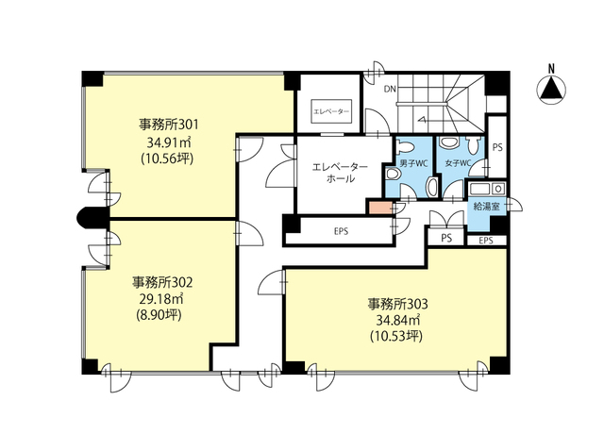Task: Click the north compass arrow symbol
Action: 551,91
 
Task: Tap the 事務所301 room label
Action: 169,125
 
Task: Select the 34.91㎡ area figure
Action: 169,142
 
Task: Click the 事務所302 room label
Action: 162,283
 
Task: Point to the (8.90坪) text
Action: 159,315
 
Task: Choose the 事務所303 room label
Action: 397,304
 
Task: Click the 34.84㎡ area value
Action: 396,320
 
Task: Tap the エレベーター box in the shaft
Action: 331,111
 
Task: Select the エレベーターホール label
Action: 340,173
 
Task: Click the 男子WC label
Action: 413,163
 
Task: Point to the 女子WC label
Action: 459,163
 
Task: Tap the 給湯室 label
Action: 487,207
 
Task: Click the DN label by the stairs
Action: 390,90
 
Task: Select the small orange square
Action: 380,208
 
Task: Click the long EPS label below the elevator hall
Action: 342,231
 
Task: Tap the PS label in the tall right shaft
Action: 497,147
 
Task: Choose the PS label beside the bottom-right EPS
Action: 446,239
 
